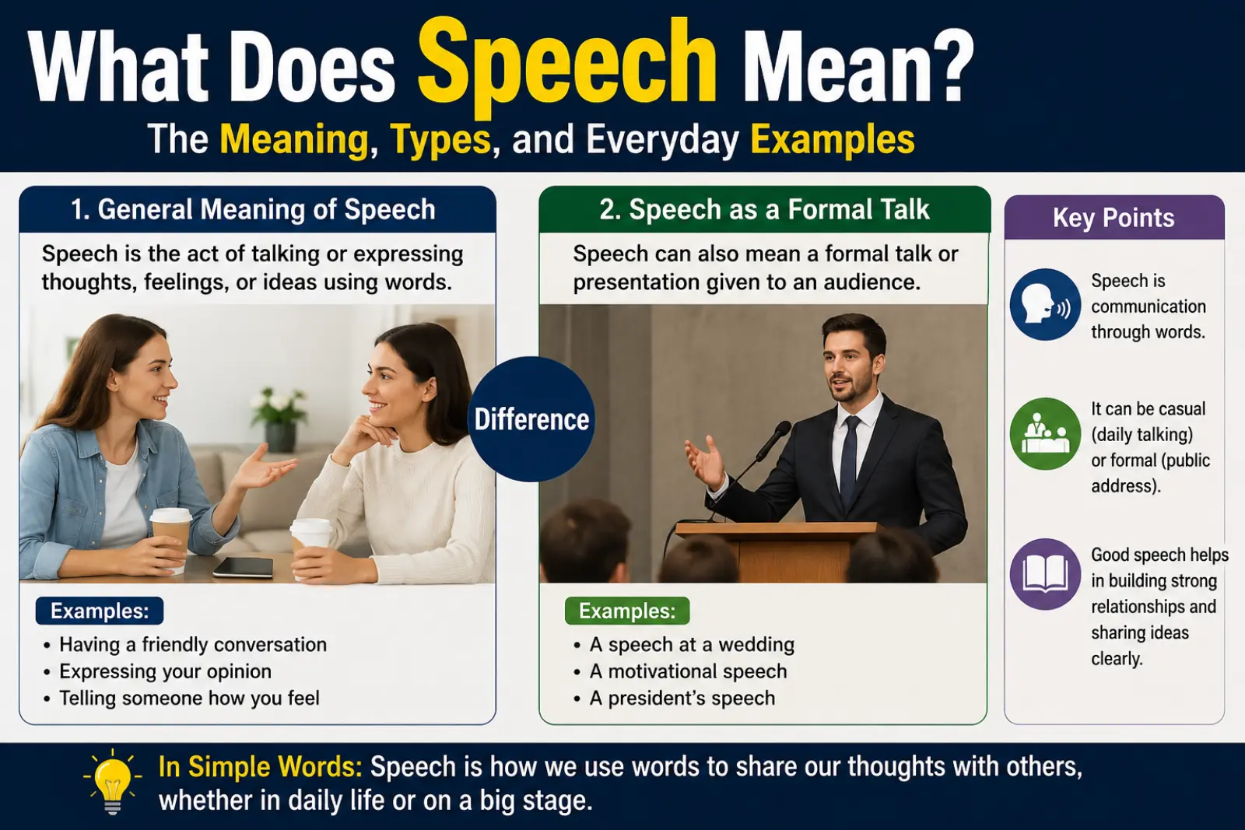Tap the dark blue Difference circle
(532, 419)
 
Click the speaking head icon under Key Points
(1045, 304)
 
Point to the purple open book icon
(1045, 574)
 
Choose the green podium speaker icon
(1045, 433)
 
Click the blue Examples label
(100, 611)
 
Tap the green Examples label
(627, 611)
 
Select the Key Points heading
(1113, 218)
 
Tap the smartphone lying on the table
(244, 566)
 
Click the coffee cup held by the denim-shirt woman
(171, 536)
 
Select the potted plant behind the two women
(279, 419)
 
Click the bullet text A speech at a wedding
(692, 644)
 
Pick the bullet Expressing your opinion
(166, 671)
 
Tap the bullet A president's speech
(682, 698)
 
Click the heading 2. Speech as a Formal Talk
(764, 209)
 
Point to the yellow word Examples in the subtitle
(832, 139)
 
